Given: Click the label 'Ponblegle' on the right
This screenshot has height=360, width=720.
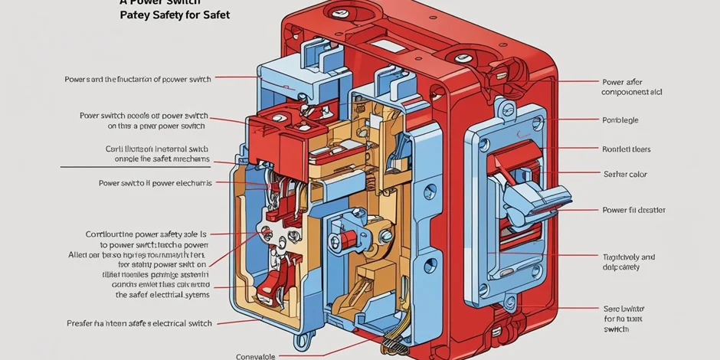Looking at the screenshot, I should click(620, 120).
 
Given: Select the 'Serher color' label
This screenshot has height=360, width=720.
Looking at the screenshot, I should click(625, 175).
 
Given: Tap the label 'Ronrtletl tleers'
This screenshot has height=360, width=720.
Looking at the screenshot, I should click(626, 150).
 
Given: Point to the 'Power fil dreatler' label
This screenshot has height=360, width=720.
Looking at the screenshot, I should click(633, 210).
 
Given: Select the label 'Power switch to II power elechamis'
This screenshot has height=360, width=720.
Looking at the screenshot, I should click(155, 183).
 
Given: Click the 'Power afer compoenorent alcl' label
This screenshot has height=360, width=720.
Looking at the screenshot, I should click(632, 87).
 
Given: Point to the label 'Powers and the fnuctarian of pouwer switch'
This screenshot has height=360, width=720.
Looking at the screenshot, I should click(138, 79).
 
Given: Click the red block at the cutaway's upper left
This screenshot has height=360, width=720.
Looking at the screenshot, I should click(276, 134).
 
